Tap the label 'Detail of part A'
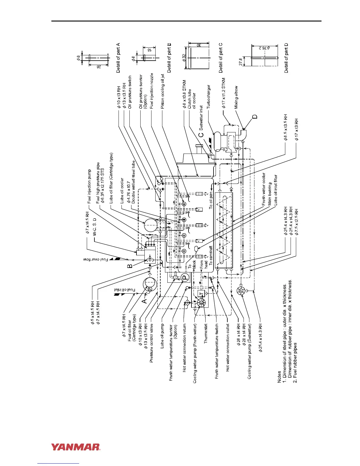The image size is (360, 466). [118, 58]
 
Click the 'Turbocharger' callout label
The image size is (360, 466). [209, 97]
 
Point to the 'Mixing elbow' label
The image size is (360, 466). [236, 97]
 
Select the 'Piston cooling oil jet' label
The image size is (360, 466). [162, 91]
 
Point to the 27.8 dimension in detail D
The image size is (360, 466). [241, 62]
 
